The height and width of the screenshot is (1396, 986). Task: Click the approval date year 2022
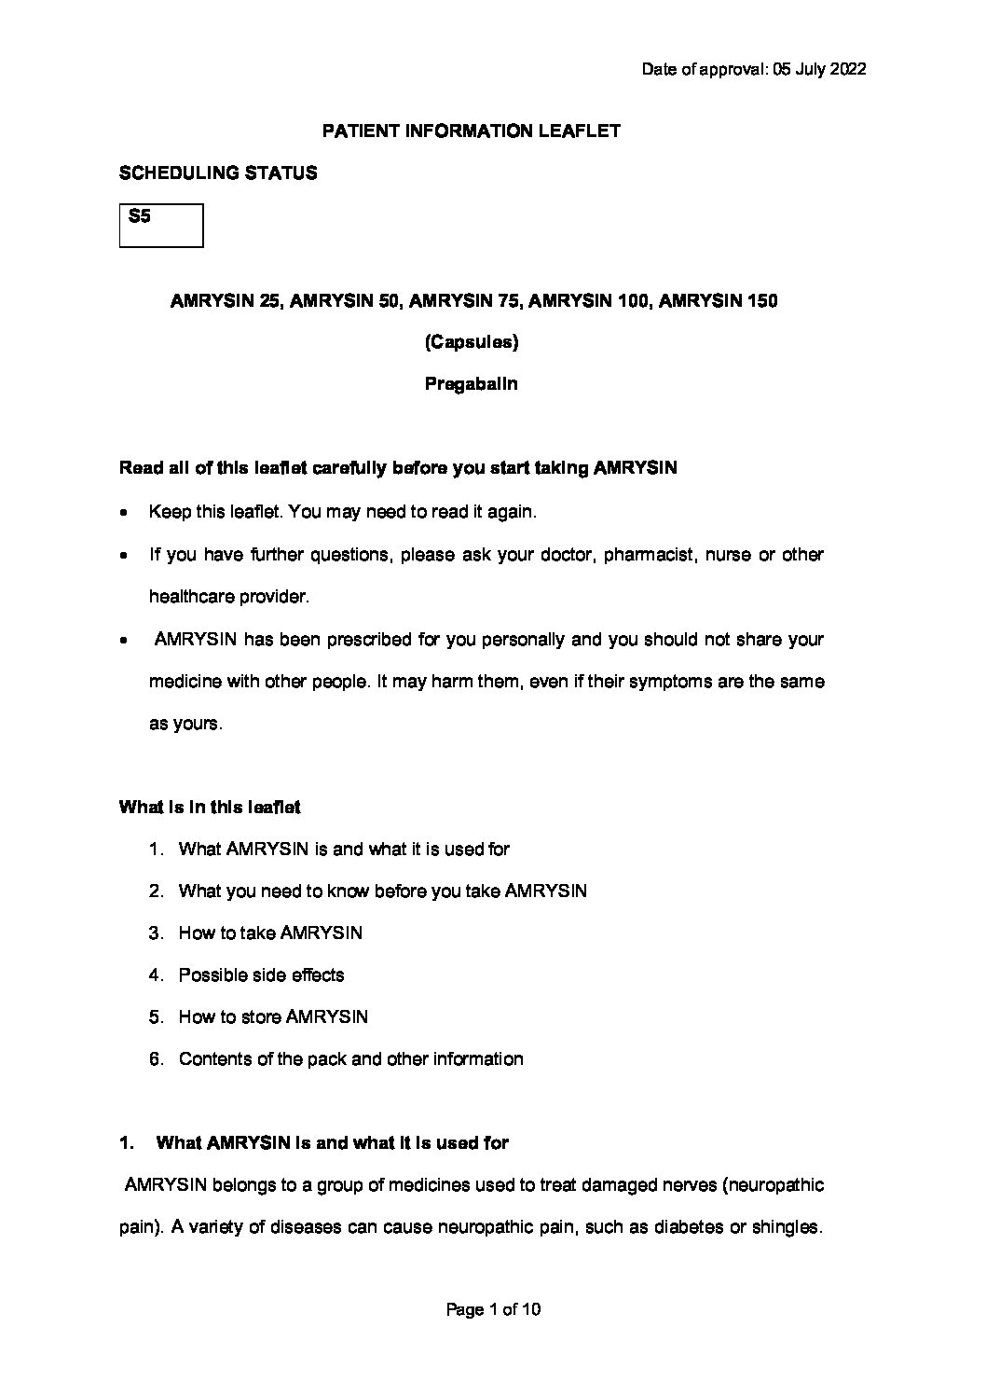pos(848,70)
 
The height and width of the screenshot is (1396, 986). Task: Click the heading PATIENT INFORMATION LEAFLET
pos(471,131)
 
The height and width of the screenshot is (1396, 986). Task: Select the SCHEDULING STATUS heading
pos(218,173)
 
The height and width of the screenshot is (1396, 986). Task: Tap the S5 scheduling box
pos(161,226)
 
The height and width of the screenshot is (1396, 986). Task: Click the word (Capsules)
pos(472,342)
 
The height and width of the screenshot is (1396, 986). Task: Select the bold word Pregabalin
pos(472,384)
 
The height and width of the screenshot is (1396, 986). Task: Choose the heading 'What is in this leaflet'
pos(210,808)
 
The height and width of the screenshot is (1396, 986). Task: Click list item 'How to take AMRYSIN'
pos(270,933)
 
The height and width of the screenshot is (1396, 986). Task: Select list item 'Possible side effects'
pos(261,975)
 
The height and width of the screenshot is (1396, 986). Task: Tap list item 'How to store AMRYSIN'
pos(273,1017)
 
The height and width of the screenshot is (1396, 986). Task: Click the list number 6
pos(156,1059)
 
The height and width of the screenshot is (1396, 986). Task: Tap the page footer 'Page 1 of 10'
pos(494,1310)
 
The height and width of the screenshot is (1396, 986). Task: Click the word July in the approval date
pos(812,70)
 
